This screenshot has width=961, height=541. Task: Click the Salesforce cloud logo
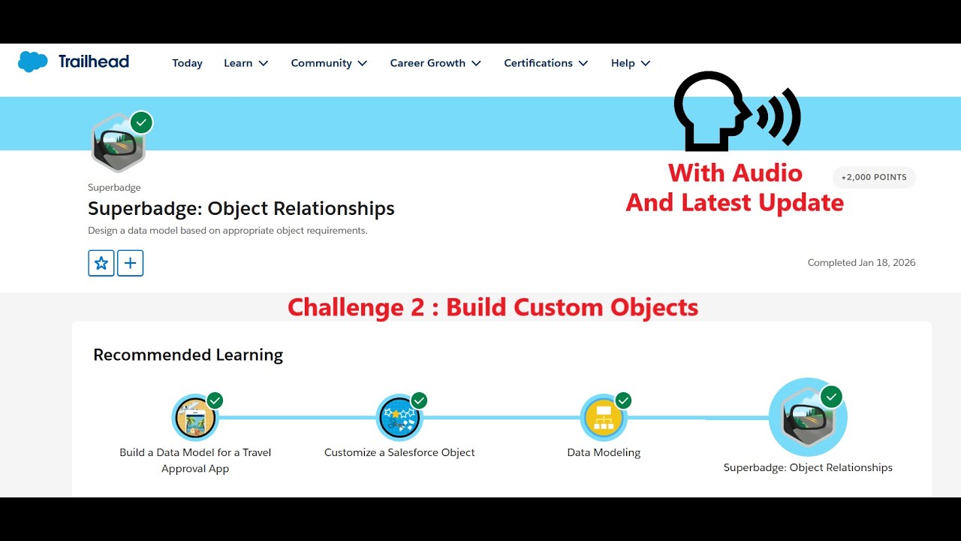(32, 62)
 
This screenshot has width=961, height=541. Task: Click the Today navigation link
(187, 63)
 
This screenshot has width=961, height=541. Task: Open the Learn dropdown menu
(246, 63)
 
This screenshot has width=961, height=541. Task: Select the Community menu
(329, 63)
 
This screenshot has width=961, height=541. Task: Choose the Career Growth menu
(435, 63)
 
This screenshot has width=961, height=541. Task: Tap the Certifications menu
(546, 63)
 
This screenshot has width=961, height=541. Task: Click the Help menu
(631, 63)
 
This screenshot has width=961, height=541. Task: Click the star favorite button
(101, 263)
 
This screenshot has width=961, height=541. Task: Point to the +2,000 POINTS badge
(874, 177)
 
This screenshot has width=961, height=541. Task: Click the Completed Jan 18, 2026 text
(861, 263)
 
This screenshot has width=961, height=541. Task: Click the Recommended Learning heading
(188, 355)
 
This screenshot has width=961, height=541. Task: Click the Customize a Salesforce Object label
(399, 452)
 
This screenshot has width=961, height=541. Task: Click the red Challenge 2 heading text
(493, 307)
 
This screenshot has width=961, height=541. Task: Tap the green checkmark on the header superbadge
(141, 122)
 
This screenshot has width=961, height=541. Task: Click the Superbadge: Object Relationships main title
(241, 208)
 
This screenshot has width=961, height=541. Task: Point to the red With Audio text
(735, 173)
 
